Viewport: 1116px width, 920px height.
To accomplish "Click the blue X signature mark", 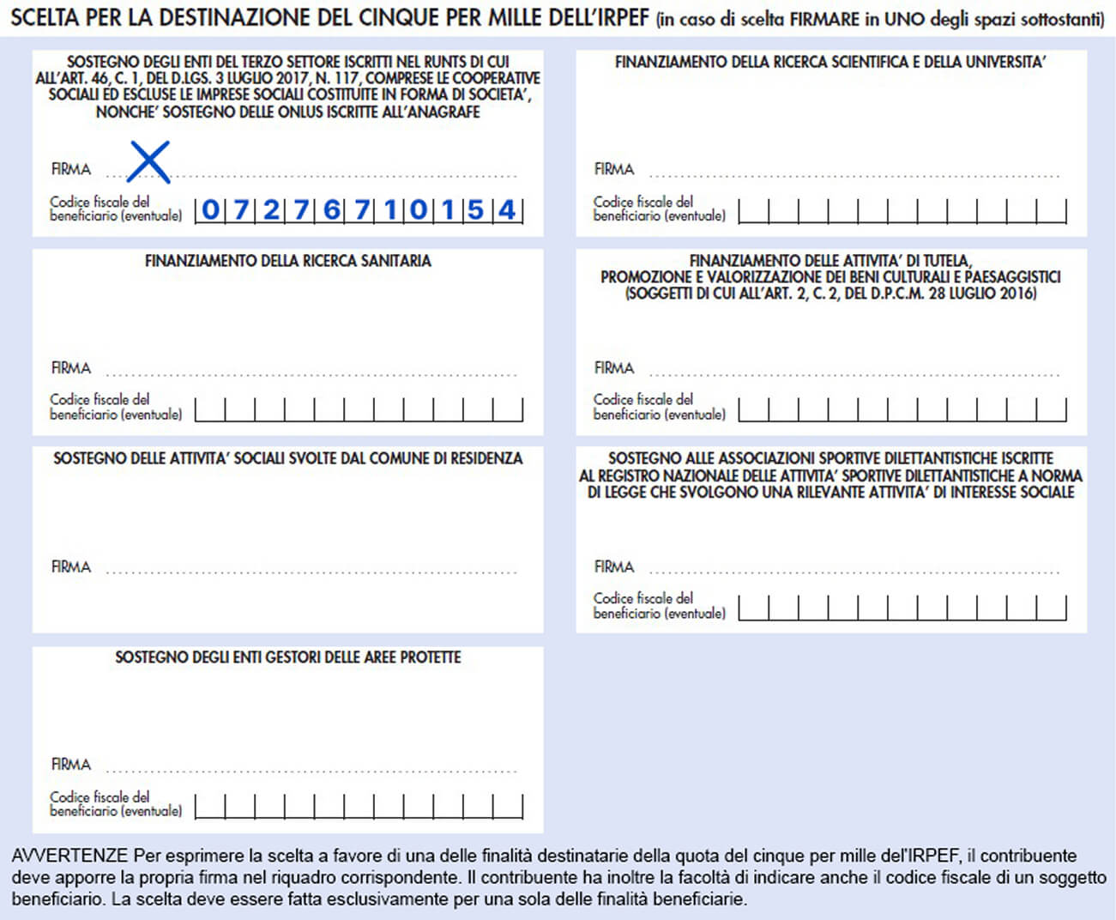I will click(x=148, y=162).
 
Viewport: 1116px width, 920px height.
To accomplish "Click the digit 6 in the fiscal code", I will click(x=331, y=209).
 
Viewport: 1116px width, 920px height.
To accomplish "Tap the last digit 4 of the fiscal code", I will click(x=507, y=209).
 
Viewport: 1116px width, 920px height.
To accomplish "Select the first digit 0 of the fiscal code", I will click(x=210, y=209).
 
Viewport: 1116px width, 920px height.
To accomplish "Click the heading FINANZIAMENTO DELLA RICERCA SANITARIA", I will click(x=287, y=261).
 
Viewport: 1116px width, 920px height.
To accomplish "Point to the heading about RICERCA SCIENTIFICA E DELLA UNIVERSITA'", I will click(x=830, y=62).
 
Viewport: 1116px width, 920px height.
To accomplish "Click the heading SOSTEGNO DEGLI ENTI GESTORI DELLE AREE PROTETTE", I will click(x=287, y=657).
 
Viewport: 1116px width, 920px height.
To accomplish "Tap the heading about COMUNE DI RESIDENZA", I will click(x=287, y=458).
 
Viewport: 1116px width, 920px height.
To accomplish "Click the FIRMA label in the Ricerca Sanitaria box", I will click(x=70, y=368).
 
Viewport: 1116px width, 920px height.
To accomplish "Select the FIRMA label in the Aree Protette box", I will click(x=70, y=765).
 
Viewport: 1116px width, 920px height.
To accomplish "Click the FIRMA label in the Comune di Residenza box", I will click(x=70, y=567).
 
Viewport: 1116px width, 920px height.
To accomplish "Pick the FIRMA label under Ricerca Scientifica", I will click(x=614, y=169).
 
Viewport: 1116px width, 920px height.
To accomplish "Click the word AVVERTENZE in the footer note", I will click(x=69, y=856).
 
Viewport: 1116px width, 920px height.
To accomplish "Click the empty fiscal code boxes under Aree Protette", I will click(x=359, y=807).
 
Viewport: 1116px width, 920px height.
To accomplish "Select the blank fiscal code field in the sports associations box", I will click(x=902, y=608).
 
